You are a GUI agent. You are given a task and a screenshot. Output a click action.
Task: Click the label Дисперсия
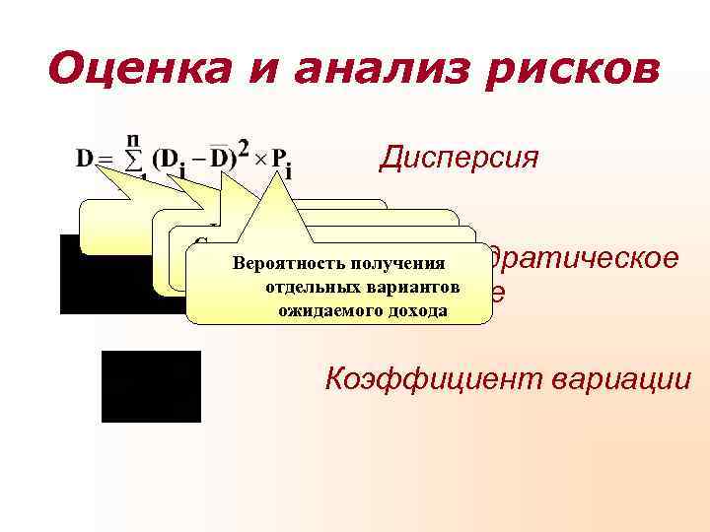coord(459,158)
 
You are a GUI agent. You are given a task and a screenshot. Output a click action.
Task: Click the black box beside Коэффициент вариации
coord(151,385)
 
